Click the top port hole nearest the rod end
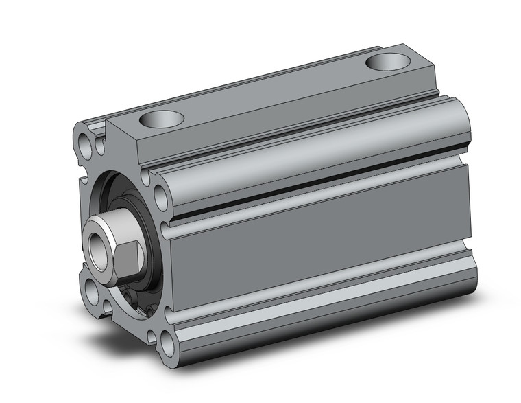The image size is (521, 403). (162, 120)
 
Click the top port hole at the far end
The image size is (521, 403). (388, 62)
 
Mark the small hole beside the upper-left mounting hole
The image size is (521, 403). (101, 145)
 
